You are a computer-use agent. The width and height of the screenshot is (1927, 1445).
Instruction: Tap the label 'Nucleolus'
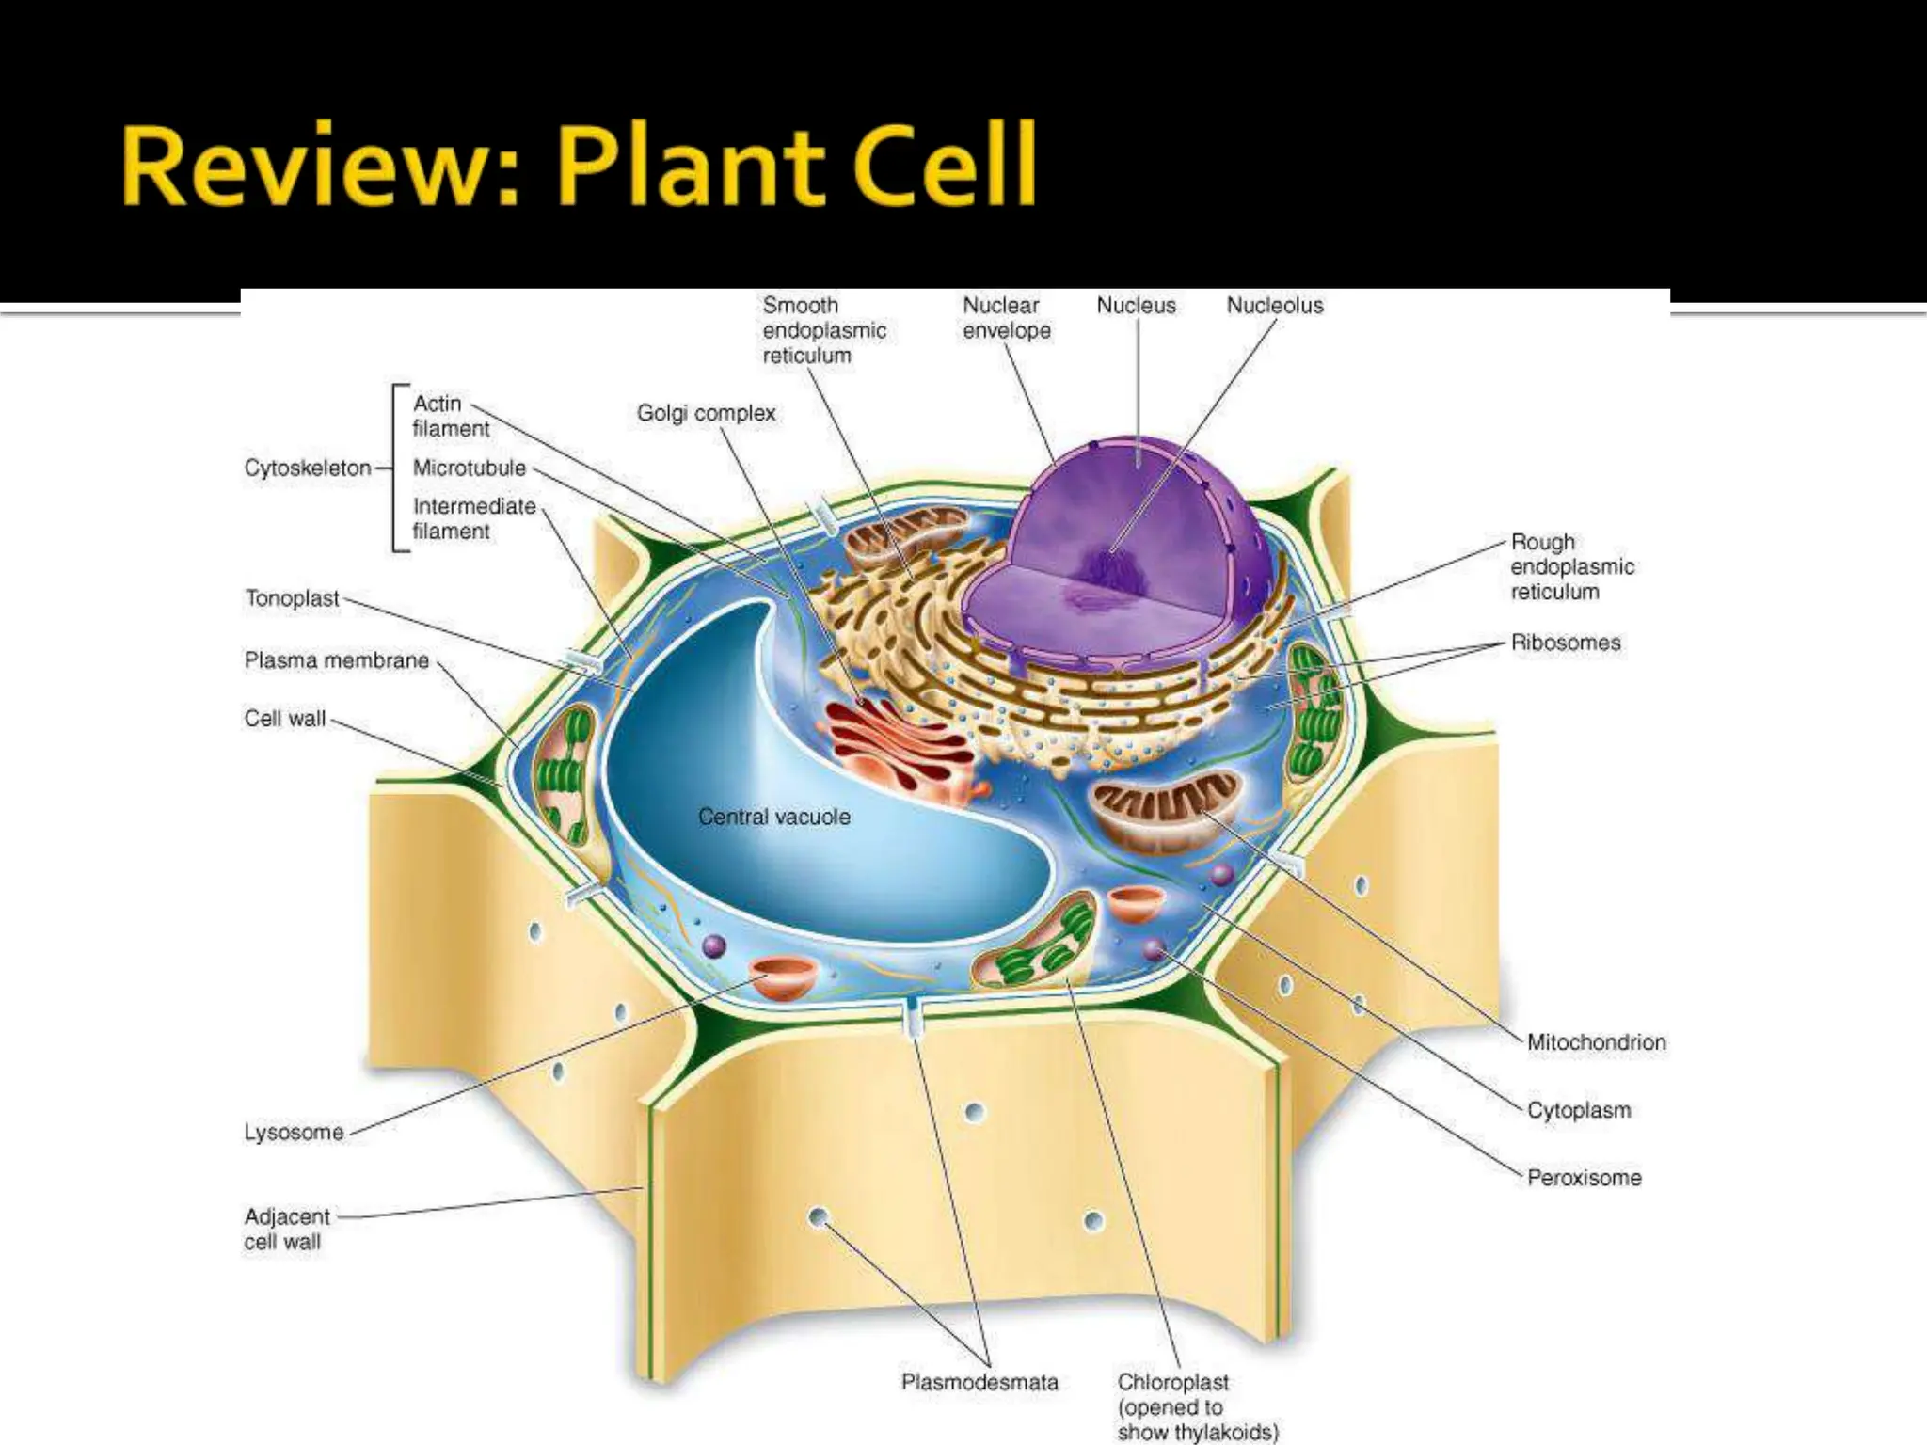click(1274, 306)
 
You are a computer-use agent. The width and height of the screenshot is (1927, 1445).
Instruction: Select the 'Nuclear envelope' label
click(1006, 318)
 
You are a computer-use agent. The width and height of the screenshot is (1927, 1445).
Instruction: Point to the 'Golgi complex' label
click(706, 413)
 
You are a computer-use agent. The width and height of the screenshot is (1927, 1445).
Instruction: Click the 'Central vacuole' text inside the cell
click(773, 817)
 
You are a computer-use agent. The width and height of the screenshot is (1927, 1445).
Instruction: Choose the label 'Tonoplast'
click(292, 598)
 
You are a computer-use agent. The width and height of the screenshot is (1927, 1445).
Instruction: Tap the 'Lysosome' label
click(294, 1132)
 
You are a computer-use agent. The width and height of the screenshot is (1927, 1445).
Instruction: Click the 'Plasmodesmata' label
click(979, 1382)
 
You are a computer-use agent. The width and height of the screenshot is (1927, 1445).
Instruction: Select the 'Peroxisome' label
click(1584, 1178)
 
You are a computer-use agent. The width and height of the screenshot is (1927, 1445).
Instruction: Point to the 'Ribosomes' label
click(1566, 643)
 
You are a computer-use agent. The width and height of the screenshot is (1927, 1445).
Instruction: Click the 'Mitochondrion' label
click(1596, 1042)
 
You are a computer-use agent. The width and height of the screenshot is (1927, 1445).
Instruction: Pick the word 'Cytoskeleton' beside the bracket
click(308, 468)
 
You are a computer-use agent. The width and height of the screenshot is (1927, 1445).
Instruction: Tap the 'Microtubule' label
click(469, 468)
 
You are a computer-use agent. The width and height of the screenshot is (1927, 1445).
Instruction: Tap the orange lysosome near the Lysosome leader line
click(783, 977)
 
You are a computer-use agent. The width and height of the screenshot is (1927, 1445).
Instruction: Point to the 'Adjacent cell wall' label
click(286, 1229)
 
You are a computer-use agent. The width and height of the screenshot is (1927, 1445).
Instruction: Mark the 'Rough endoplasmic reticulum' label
click(1571, 566)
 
